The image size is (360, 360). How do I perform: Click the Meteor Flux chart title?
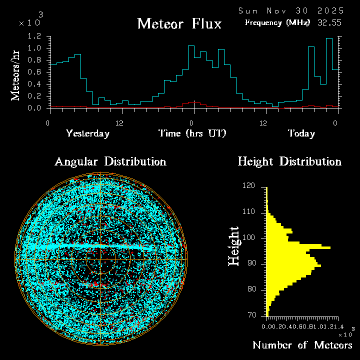coord(179,23)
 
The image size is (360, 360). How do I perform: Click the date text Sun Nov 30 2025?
coord(291,10)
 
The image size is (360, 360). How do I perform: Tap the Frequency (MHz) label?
coord(277,22)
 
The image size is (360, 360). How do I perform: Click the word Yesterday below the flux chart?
coord(87,133)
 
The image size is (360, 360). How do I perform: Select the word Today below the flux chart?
coord(301,133)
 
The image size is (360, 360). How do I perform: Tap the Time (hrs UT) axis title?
coord(192,133)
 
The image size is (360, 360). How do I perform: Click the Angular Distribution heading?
coord(110,162)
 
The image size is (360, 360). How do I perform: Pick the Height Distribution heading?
coord(289,162)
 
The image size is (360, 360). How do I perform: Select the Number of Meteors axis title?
coord(302,345)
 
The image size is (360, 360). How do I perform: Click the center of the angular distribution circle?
coord(100,259)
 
